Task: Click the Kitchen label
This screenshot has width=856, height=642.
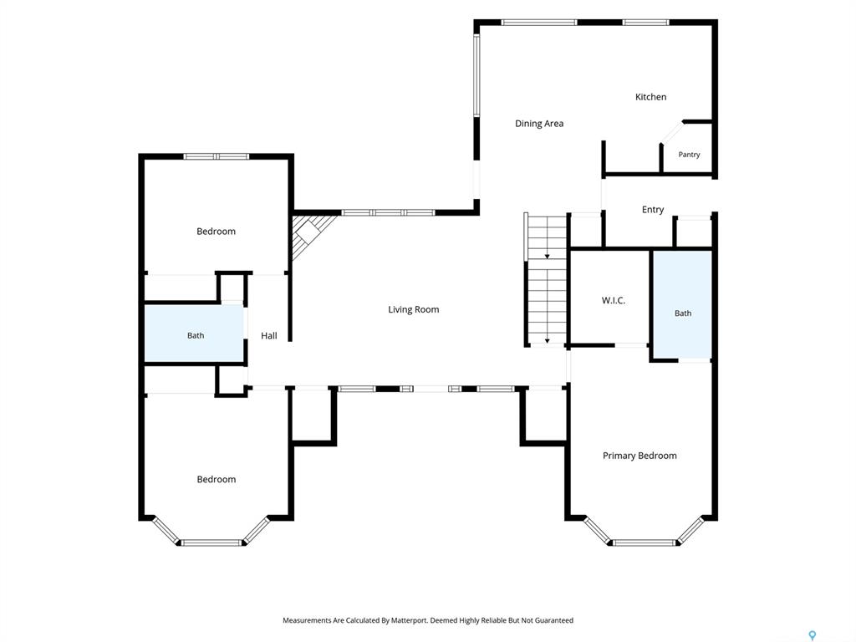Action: (650, 97)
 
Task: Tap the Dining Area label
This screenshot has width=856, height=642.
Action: (539, 124)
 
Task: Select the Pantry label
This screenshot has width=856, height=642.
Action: (689, 155)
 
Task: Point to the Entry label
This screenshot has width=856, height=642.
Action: (653, 210)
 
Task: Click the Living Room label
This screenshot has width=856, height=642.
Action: (413, 309)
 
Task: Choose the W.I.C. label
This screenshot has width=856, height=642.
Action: (613, 300)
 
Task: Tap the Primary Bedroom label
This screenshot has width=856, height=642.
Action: (639, 456)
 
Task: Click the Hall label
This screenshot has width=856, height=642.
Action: (268, 336)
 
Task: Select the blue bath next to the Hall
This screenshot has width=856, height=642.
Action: (194, 333)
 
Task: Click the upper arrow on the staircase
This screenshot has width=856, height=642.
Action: (547, 256)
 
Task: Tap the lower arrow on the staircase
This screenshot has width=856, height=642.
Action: (547, 341)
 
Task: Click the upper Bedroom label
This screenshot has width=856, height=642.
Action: (217, 232)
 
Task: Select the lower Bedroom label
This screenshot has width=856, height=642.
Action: (217, 479)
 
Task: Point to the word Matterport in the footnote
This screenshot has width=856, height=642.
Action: (409, 620)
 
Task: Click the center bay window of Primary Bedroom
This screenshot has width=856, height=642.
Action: (645, 543)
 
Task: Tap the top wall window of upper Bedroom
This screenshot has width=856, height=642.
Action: (217, 156)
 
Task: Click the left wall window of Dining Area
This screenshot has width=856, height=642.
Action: (476, 75)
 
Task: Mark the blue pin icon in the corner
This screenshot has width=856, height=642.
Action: (813, 635)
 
